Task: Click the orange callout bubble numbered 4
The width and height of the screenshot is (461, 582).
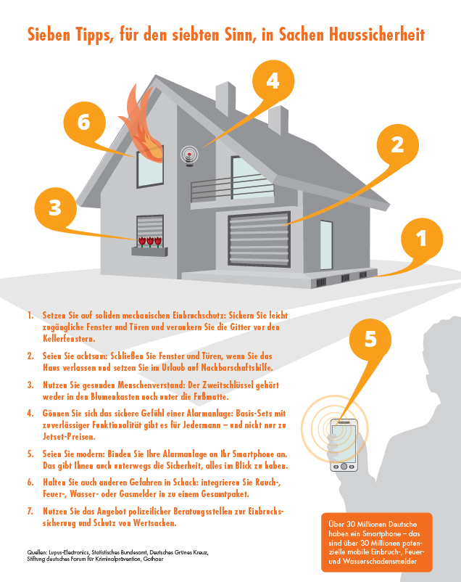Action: click(x=273, y=82)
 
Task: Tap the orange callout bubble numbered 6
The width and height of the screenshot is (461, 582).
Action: click(x=84, y=123)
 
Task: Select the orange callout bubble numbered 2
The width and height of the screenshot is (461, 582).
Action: click(x=398, y=145)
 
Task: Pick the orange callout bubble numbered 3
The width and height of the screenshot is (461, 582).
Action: click(x=55, y=208)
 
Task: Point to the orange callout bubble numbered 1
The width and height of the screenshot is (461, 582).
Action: click(x=422, y=239)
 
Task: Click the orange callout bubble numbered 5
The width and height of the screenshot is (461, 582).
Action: click(x=370, y=340)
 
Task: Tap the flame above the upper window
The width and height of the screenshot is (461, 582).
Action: click(x=143, y=124)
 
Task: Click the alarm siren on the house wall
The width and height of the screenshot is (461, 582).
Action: click(x=189, y=155)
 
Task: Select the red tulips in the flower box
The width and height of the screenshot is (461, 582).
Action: click(x=150, y=242)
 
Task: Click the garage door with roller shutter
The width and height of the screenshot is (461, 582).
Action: click(x=259, y=239)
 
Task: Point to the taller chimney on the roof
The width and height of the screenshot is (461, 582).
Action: click(x=225, y=99)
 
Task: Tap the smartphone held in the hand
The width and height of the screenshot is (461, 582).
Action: click(x=344, y=445)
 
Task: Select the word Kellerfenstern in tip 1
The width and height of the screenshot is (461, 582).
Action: click(x=69, y=338)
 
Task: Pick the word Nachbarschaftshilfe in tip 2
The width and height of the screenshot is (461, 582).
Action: click(x=236, y=367)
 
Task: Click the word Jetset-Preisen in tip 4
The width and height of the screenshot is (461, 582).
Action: click(x=69, y=437)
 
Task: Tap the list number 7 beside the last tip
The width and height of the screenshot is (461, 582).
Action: click(x=30, y=511)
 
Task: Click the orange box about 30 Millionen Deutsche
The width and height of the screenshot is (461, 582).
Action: click(x=377, y=542)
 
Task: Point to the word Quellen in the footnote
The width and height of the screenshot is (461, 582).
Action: click(x=37, y=552)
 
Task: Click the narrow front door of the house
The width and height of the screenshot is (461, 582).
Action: click(x=326, y=245)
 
